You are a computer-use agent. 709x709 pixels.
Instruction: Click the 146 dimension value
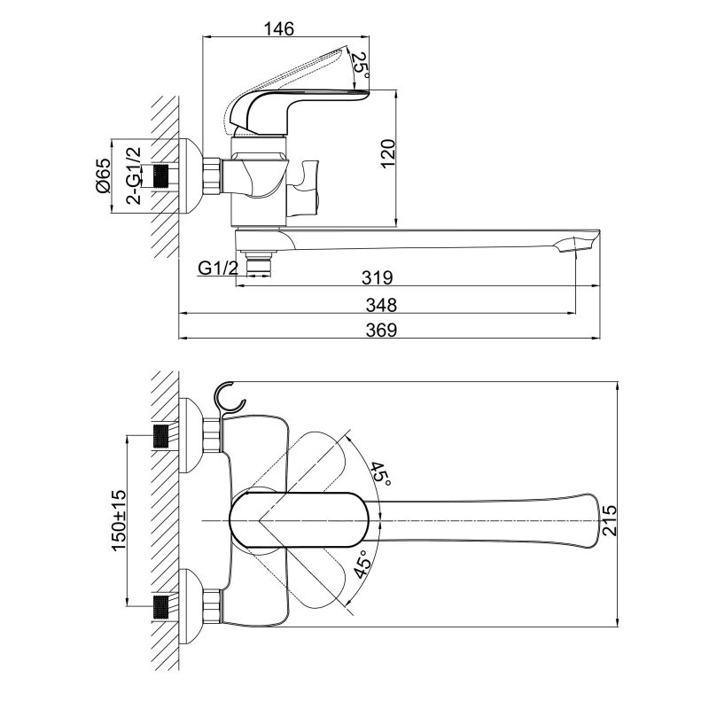278,28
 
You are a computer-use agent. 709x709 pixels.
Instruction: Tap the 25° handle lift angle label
361,65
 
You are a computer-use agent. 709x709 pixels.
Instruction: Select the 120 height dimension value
387,153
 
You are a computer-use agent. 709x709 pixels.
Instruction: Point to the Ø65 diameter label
103,175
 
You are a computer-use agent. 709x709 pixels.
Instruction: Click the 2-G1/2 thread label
134,175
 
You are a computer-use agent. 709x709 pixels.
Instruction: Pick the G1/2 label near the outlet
218,269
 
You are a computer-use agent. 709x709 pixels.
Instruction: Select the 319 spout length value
378,277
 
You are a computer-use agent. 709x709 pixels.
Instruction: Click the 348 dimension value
381,305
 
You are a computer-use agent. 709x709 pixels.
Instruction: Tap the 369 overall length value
381,330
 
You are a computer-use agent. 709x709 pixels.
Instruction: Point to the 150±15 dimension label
119,520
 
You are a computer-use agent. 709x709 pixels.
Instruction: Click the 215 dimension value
610,520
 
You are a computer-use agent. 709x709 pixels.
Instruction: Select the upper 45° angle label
381,474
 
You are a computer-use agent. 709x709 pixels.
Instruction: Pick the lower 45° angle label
362,564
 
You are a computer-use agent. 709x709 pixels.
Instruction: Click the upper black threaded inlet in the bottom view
160,436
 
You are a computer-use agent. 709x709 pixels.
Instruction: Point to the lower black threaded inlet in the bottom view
160,607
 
